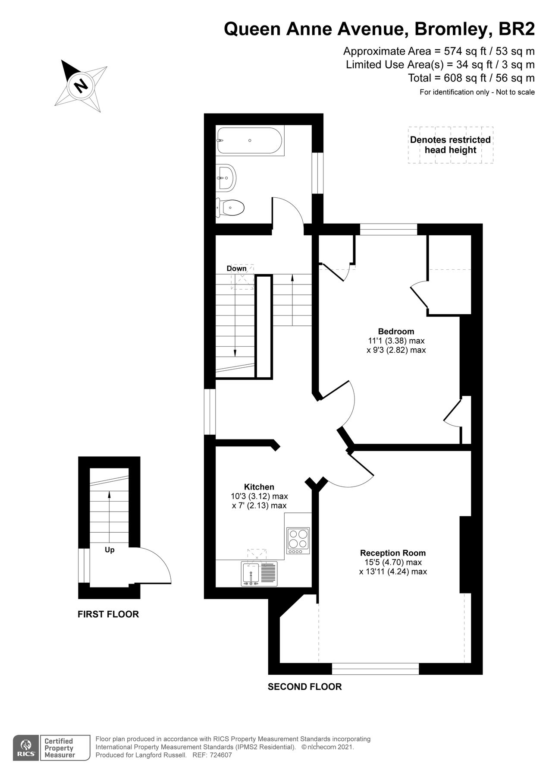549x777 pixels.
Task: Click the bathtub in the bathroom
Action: point(250,141)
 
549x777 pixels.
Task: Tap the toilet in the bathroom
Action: point(231,208)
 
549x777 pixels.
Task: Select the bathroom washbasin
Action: point(227,177)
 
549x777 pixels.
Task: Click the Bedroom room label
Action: point(396,332)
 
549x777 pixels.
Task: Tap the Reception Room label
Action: point(393,553)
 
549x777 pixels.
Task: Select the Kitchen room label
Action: point(259,487)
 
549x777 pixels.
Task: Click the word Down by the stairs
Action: point(237,268)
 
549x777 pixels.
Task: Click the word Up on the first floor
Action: point(110,550)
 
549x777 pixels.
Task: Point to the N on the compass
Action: point(81,85)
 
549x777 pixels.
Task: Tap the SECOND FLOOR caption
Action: point(304,686)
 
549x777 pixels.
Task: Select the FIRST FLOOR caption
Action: point(108,614)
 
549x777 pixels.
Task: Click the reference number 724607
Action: point(220,755)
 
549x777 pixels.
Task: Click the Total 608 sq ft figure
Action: point(471,78)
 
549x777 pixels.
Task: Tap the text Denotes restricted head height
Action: point(450,145)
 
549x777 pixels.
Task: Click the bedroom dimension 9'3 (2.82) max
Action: point(396,350)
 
